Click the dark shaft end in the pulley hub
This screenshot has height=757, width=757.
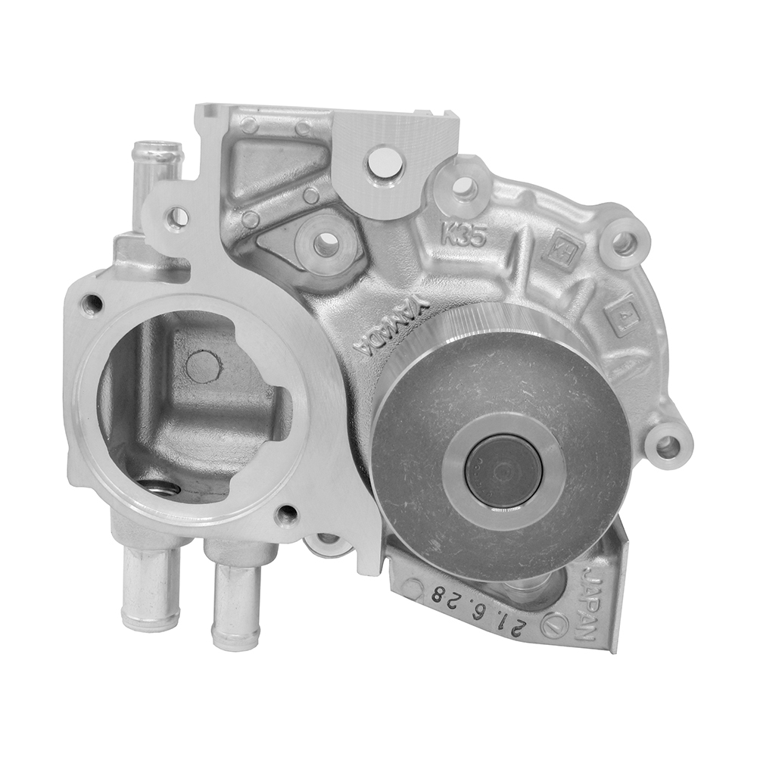click(x=503, y=470)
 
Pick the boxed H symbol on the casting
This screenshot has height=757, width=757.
click(x=560, y=249)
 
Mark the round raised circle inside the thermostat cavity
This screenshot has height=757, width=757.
click(x=203, y=366)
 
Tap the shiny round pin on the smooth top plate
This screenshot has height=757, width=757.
click(x=385, y=161)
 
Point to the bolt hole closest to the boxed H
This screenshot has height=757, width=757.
click(x=623, y=243)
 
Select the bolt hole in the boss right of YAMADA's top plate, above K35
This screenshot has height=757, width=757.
click(x=465, y=186)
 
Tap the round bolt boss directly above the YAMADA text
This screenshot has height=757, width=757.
click(x=326, y=244)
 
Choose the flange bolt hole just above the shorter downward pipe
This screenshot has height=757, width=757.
click(x=286, y=517)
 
